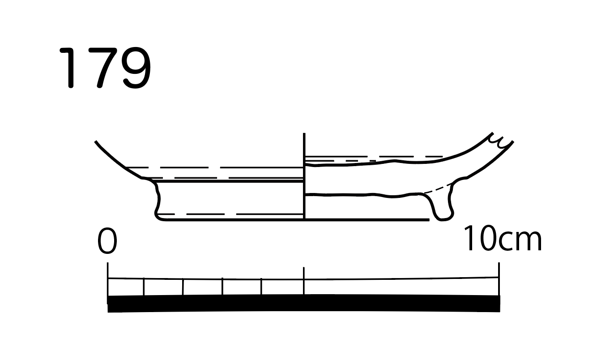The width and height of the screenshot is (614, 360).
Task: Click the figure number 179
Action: point(105,68)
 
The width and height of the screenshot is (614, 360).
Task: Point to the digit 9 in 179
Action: point(136,68)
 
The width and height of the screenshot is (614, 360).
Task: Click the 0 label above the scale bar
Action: point(107,240)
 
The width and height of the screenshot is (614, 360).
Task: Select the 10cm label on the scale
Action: point(503,238)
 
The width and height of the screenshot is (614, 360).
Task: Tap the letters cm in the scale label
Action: point(520,241)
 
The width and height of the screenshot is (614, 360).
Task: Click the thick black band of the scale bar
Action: point(304,303)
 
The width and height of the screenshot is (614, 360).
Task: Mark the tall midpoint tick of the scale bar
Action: point(304,281)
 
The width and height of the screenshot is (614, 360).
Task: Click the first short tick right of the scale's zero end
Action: point(144,287)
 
